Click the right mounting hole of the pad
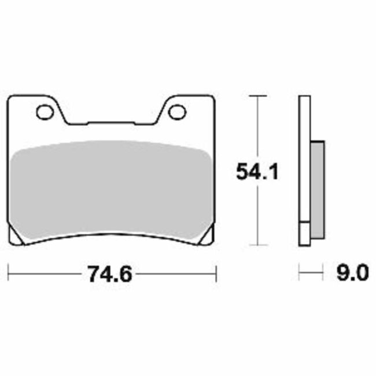tap(176, 112)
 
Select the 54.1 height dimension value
tap(257, 172)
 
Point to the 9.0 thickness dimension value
tap(351, 272)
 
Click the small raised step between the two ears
tap(110, 123)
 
